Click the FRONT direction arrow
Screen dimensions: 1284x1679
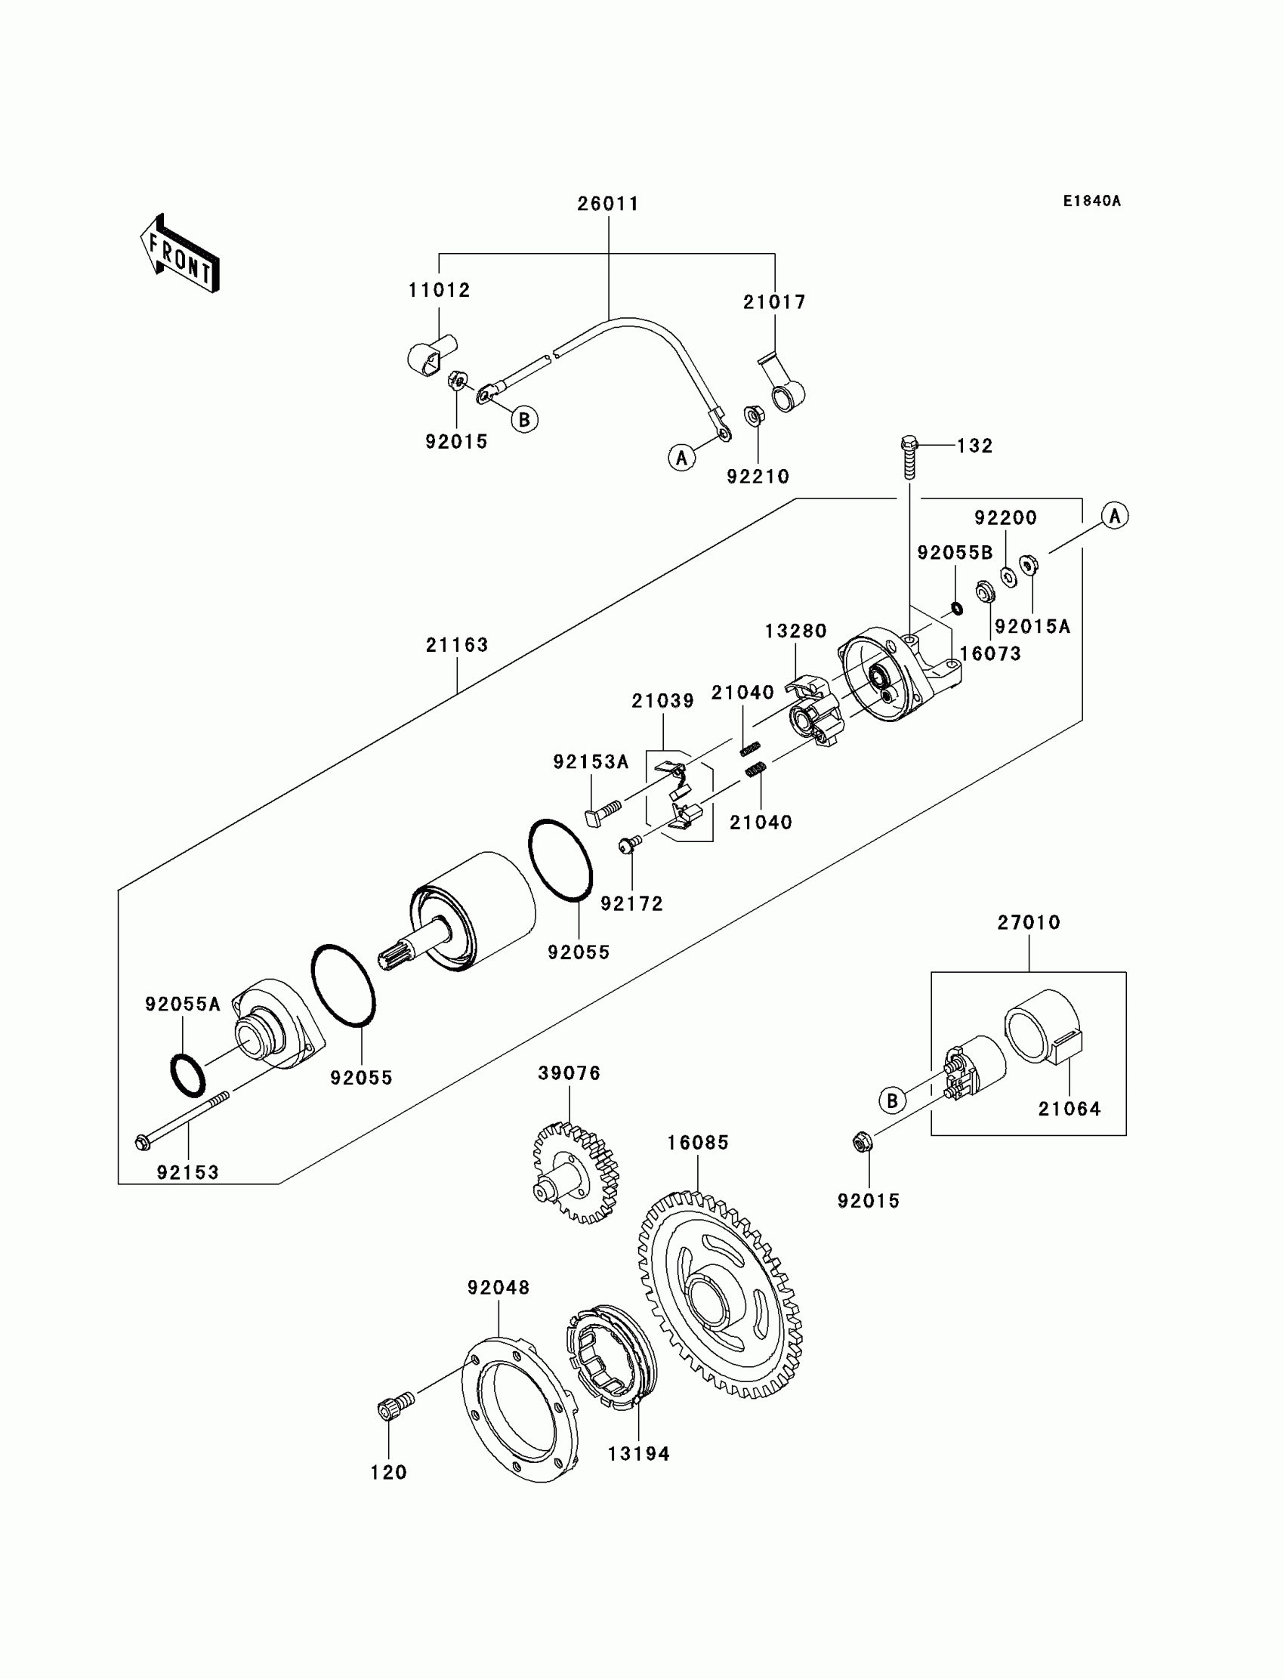(180, 254)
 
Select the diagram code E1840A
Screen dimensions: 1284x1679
(1092, 201)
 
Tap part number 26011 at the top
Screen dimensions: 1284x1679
(608, 204)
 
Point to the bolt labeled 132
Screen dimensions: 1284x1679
(909, 456)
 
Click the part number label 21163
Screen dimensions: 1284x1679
(457, 645)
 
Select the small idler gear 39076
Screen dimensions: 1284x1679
(576, 1172)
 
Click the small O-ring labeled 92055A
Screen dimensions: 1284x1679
(187, 1076)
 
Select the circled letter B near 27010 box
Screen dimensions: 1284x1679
(892, 1101)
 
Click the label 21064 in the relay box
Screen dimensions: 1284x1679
(1069, 1109)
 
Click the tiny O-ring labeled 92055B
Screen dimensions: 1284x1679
(956, 608)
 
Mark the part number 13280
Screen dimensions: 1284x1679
(796, 631)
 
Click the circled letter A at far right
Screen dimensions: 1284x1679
(1115, 516)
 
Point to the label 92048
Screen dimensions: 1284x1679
(499, 1288)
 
